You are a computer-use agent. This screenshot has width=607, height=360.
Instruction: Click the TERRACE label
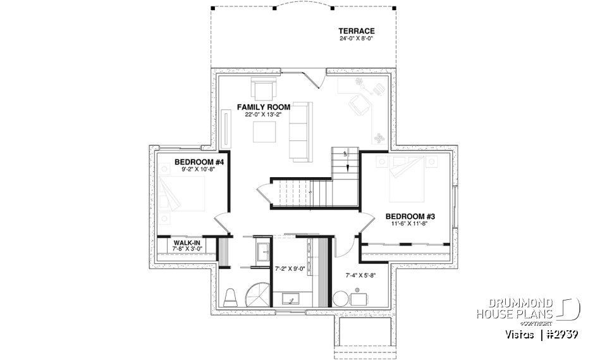(x=357, y=30)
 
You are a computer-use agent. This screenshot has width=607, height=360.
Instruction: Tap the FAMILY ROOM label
(x=264, y=107)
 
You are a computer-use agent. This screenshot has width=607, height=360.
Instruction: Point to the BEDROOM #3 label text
(x=410, y=216)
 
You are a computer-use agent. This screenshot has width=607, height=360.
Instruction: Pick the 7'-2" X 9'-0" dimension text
(x=291, y=268)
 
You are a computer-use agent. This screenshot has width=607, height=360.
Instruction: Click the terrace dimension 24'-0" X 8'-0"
(x=357, y=39)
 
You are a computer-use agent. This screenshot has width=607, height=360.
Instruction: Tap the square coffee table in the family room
(x=264, y=132)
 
